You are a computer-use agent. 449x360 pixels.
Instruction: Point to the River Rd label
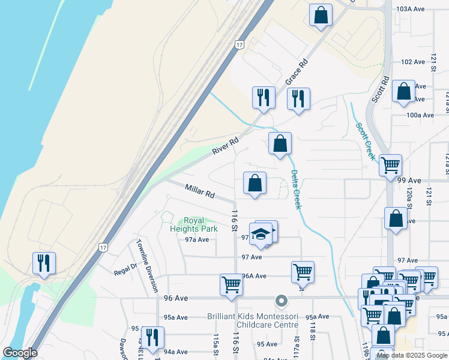pos(225,146)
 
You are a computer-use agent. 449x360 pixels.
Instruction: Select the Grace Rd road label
pos(297,71)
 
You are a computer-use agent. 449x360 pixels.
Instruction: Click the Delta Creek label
pos(295,188)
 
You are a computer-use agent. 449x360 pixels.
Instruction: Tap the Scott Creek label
pos(365,142)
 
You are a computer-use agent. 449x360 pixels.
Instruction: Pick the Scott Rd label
pos(381,89)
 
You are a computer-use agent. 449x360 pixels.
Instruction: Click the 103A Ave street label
pos(411,9)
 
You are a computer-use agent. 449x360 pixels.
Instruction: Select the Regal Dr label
pos(126,269)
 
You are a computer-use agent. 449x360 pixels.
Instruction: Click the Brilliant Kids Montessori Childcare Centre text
pos(252,320)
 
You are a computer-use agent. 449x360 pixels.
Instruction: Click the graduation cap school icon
pos(262,233)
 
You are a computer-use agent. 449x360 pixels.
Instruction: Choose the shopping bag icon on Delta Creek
pos(280,144)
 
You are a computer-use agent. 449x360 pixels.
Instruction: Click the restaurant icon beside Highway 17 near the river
pos(44,263)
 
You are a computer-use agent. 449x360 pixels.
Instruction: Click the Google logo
pos(20,353)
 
